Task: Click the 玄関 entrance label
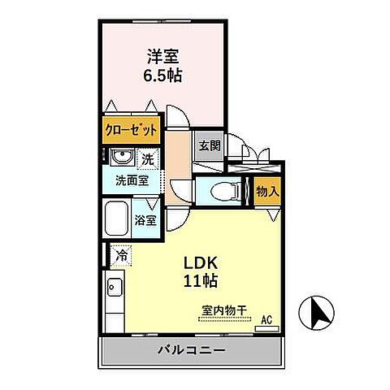pyautogui.click(x=209, y=146)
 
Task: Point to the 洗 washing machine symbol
pyautogui.click(x=148, y=158)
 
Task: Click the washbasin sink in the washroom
pyautogui.click(x=122, y=158)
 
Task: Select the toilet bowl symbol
pyautogui.click(x=220, y=192)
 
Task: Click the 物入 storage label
pyautogui.click(x=266, y=191)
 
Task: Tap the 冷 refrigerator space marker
pyautogui.click(x=121, y=255)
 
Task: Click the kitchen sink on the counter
pyautogui.click(x=113, y=287)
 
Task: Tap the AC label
pyautogui.click(x=265, y=319)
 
